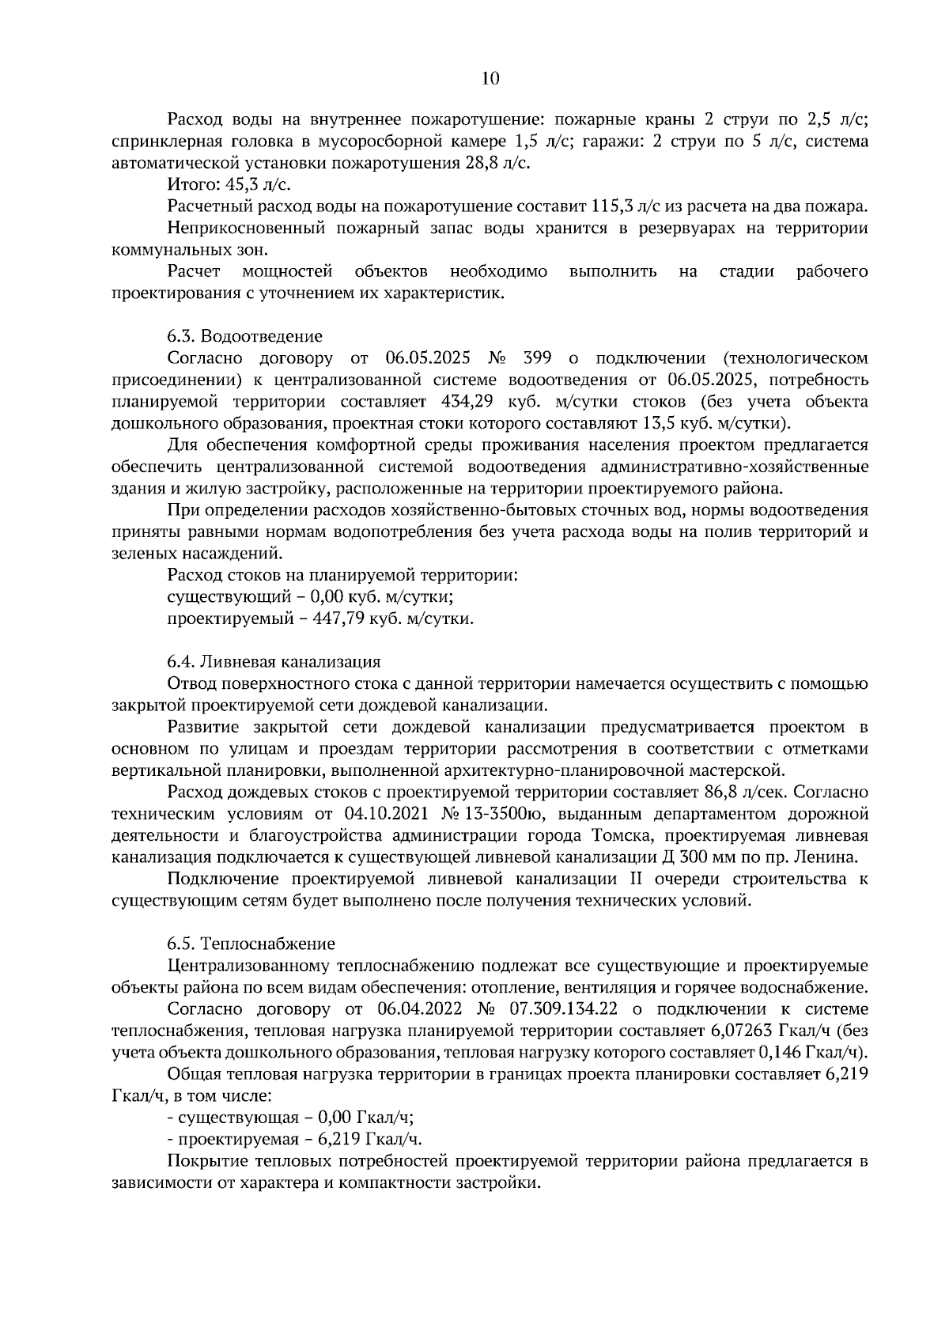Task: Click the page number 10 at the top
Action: (490, 78)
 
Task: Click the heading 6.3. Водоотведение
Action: (244, 336)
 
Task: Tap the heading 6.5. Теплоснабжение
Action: (251, 944)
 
